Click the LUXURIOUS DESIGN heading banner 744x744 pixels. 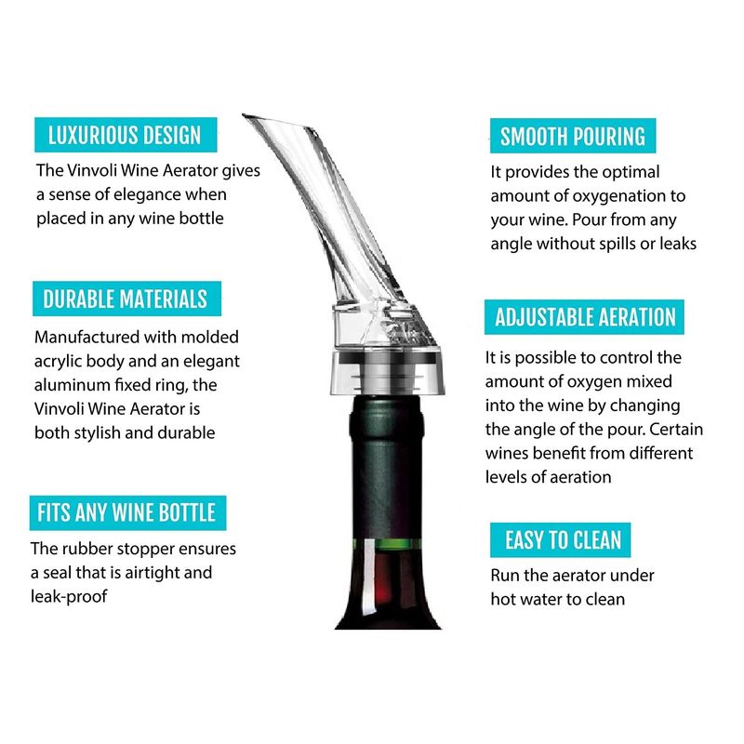[126, 135]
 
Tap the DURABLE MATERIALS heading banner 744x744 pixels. [126, 299]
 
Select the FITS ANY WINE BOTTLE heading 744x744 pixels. [127, 513]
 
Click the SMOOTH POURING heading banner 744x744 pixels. [573, 136]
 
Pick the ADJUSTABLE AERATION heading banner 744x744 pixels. [584, 317]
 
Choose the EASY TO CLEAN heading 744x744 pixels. [561, 540]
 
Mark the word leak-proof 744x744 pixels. [69, 596]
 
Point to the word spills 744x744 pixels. [618, 244]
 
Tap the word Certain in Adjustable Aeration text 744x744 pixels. [676, 429]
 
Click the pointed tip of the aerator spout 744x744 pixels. [244, 114]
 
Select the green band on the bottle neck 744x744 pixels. [387, 544]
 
